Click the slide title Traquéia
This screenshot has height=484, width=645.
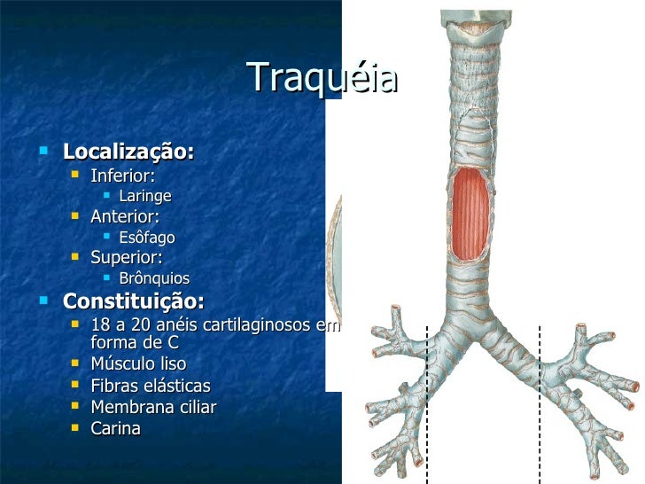pos(322,79)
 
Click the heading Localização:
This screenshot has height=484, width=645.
pos(128,152)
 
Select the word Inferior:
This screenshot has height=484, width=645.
pos(122,176)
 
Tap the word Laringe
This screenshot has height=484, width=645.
pos(144,196)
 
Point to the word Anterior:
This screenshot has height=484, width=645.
pos(125,216)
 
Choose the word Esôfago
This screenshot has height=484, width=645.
pos(146,238)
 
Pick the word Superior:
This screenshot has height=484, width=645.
pos(126,258)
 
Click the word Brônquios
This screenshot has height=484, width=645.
pos(153,278)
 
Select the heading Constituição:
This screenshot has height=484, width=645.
pos(133,300)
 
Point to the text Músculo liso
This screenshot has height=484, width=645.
pos(138,363)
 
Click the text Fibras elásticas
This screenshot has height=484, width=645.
pos(151,386)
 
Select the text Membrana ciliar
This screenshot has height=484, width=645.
pos(153,407)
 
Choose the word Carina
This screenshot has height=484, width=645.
pos(115,428)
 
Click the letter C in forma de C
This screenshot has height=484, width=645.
pos(173,342)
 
